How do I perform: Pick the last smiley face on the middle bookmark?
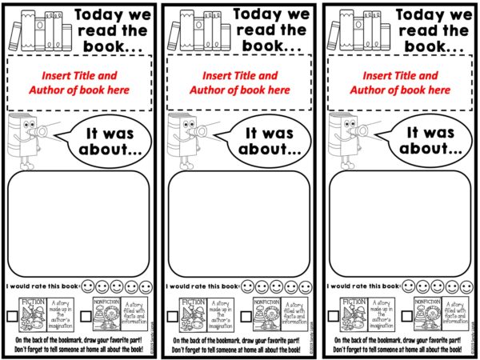[x=304, y=286]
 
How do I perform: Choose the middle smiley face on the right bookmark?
[x=436, y=286]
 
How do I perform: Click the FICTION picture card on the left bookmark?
[x=34, y=313]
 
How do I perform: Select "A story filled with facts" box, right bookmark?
[x=456, y=313]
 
